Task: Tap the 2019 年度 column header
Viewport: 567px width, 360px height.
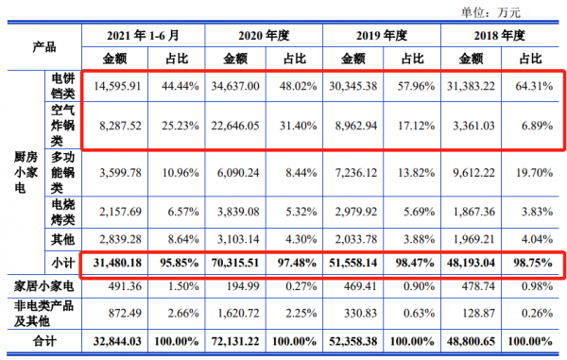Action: [383, 35]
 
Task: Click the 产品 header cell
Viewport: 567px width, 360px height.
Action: [43, 45]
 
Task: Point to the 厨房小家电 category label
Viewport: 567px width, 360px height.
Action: [26, 173]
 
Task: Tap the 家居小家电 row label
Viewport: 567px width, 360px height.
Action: [43, 284]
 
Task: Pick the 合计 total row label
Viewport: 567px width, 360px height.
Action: [43, 340]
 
